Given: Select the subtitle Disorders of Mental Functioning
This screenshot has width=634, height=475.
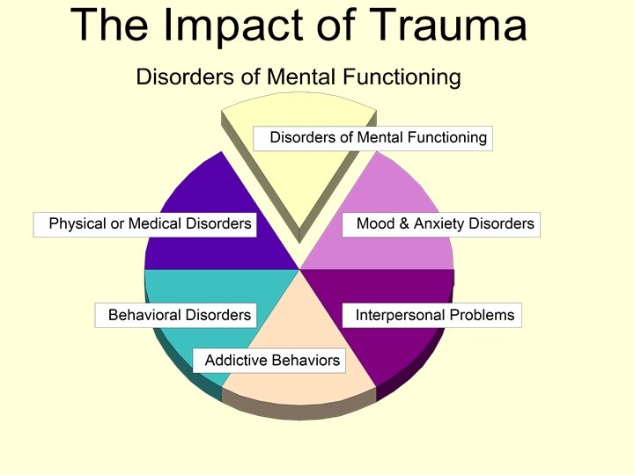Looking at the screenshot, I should [x=298, y=77].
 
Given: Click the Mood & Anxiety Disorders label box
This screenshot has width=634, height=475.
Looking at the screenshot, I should [x=440, y=224].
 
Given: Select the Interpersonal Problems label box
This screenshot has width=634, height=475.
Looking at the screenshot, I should [x=434, y=315].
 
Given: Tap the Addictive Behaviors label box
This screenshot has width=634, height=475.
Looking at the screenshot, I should [x=271, y=361].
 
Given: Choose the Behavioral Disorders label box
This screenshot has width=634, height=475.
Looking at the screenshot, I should [x=178, y=315].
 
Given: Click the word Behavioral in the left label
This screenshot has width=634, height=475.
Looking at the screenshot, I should [x=144, y=315].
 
